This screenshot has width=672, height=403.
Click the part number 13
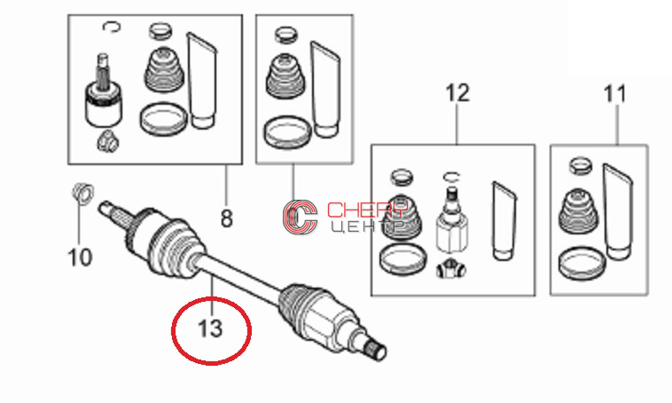point(210,329)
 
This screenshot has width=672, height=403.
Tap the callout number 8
point(226,218)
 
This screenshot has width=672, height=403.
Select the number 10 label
point(80,257)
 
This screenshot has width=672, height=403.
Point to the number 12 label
point(457,93)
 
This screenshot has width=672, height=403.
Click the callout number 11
point(614,94)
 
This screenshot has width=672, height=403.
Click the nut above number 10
point(82,193)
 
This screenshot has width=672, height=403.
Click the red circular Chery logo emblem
point(300,217)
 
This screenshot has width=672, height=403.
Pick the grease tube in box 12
point(504,221)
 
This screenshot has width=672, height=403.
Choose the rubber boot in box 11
point(578,211)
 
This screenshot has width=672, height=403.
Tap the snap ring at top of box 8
point(112,28)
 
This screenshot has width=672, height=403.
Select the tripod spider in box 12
point(451,270)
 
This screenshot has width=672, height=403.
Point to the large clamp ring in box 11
point(582,262)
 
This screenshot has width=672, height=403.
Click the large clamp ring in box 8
point(163,118)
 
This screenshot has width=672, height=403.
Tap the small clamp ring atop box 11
point(581,165)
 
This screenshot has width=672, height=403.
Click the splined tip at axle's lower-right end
point(378,350)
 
